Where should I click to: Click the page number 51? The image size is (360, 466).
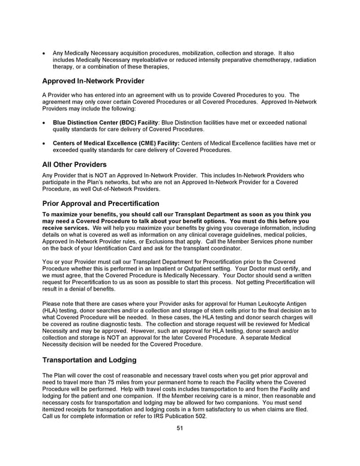point(179,428)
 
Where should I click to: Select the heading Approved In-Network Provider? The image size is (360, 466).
point(93,81)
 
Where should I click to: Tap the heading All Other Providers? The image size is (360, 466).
point(74,164)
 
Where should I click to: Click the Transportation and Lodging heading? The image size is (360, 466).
point(90,360)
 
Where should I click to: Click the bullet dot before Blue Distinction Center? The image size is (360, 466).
point(45,123)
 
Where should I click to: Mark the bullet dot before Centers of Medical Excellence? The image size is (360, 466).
point(45,144)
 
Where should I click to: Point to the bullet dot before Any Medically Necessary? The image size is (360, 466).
point(45,53)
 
